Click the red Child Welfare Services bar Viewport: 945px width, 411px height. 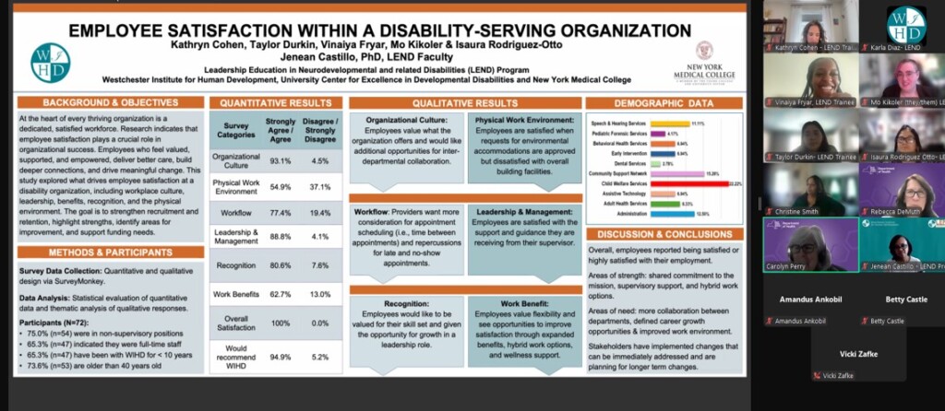[688, 183]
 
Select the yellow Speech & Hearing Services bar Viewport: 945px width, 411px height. [671, 123]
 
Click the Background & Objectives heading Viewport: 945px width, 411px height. [110, 102]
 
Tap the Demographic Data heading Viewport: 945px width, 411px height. [664, 102]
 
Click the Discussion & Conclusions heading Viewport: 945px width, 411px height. [664, 233]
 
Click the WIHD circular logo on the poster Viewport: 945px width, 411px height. [50, 63]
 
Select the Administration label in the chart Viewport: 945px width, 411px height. [627, 214]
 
